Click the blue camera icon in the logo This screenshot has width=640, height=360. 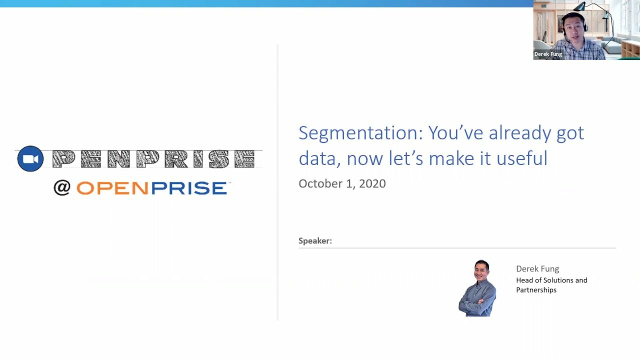click(30, 159)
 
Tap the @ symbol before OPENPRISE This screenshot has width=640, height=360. click(62, 188)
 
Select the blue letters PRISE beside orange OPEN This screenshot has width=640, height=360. click(189, 188)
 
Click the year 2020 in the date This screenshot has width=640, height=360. click(372, 183)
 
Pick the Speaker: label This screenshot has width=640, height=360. click(315, 241)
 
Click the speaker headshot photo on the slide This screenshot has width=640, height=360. click(477, 288)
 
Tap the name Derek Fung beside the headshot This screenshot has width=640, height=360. click(537, 269)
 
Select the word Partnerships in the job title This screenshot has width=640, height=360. click(536, 290)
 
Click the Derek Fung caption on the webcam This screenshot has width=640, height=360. click(548, 54)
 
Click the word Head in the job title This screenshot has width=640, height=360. click(524, 280)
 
